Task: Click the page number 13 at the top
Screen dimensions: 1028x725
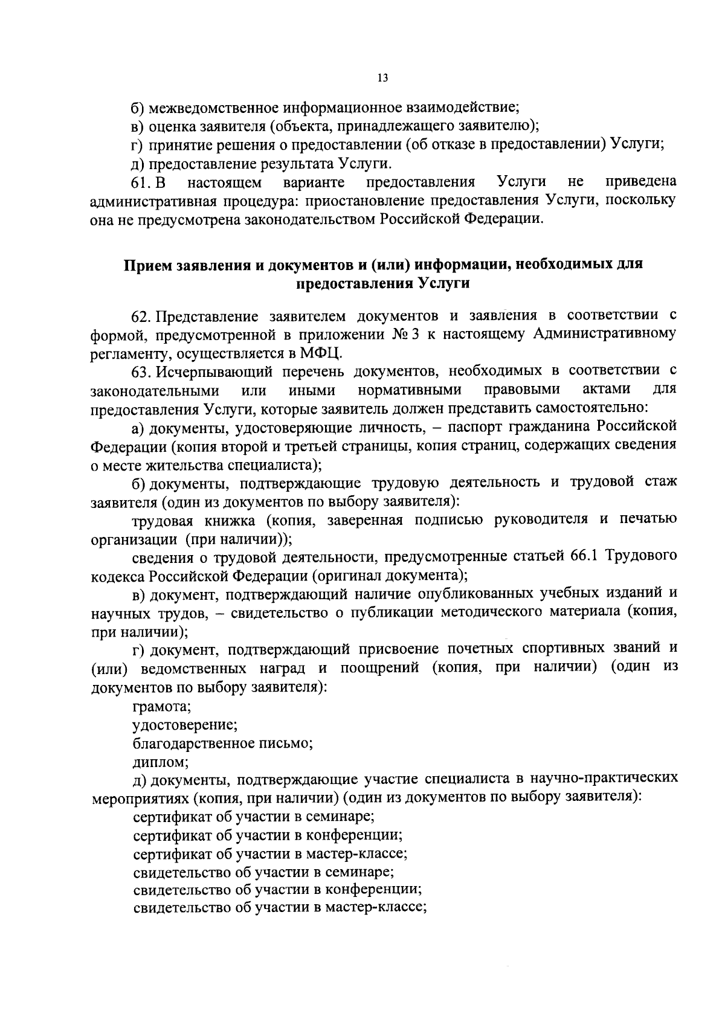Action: [382, 78]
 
